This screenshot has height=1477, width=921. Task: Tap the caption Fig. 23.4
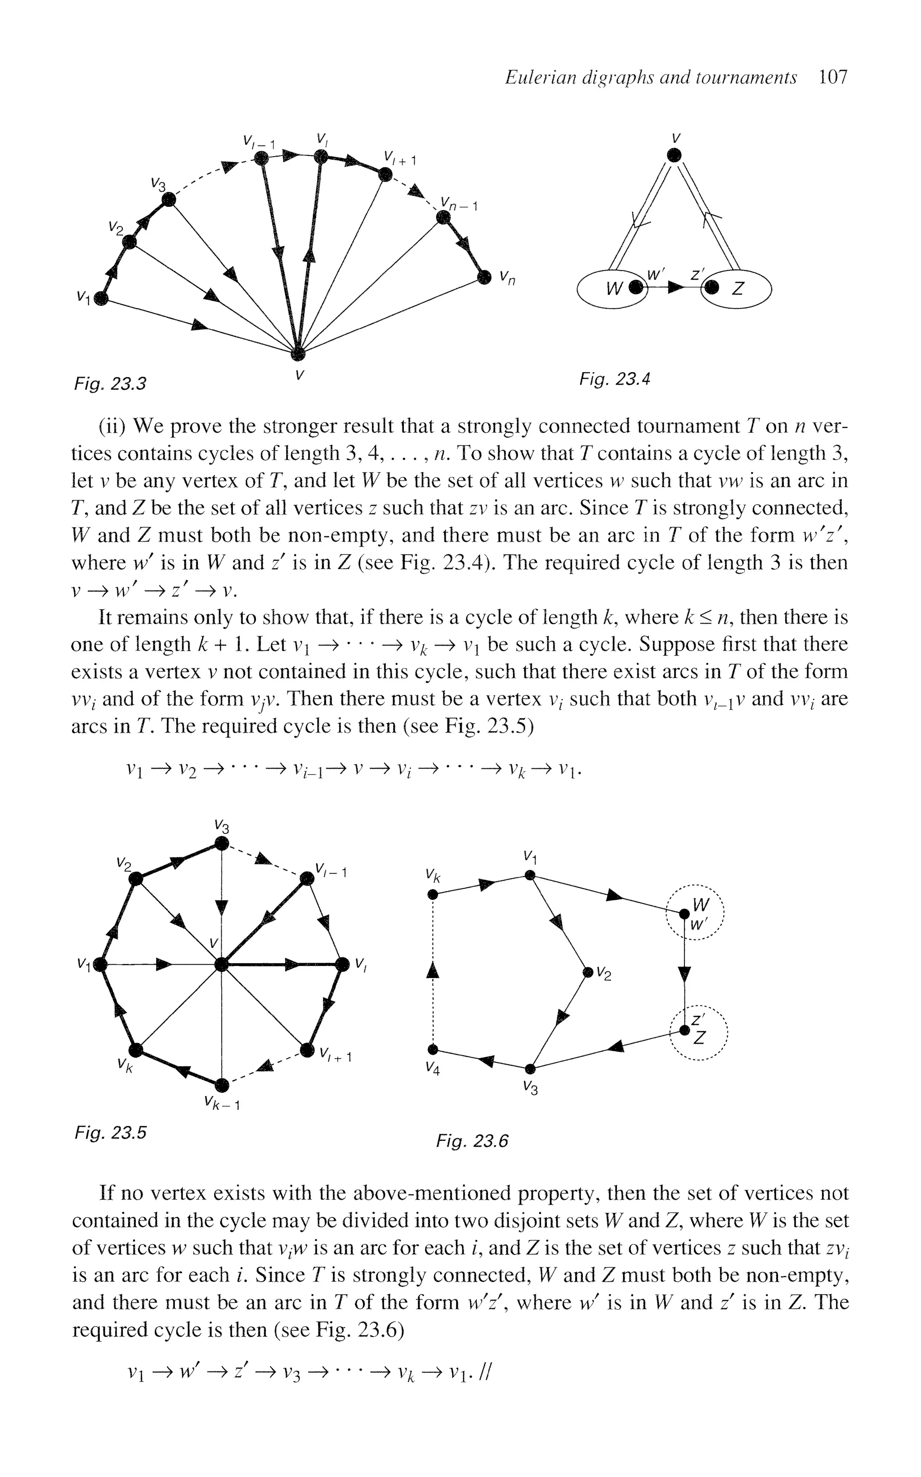pyautogui.click(x=615, y=379)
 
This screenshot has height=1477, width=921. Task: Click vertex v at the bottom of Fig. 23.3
pyautogui.click(x=297, y=353)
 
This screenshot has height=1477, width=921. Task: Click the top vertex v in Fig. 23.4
pyautogui.click(x=673, y=155)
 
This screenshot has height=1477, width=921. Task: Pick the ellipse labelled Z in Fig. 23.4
pyautogui.click(x=737, y=288)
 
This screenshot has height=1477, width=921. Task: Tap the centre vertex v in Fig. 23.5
pyautogui.click(x=222, y=965)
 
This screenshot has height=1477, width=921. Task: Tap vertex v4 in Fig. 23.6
pyautogui.click(x=433, y=1049)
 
